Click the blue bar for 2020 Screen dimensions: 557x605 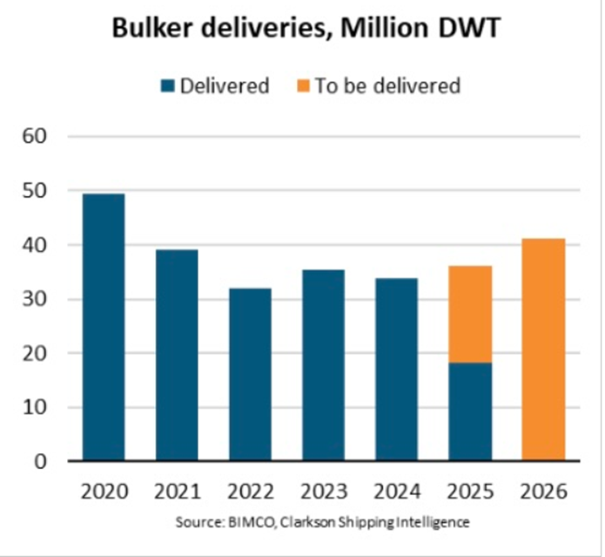tap(104, 327)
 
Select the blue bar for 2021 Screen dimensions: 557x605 tap(178, 355)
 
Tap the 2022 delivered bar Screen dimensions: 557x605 tap(251, 374)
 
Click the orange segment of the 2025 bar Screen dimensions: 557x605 tap(471, 314)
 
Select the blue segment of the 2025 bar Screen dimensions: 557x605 tap(471, 411)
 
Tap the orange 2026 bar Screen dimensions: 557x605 tap(544, 349)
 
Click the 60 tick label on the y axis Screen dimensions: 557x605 tap(35, 136)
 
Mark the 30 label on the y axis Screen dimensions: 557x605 tap(35, 299)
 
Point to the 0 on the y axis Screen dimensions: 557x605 tap(41, 461)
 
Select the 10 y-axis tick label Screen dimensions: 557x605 tap(35, 407)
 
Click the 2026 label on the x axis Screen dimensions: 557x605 tap(544, 491)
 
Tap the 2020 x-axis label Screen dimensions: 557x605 tap(104, 491)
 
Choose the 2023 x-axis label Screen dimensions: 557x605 tap(324, 491)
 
